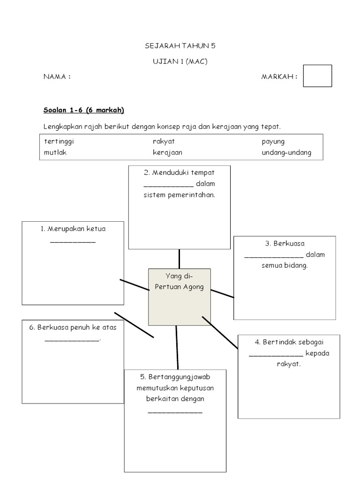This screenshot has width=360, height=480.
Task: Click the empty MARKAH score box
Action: point(317,76)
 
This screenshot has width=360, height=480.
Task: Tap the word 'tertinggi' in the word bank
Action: point(59,141)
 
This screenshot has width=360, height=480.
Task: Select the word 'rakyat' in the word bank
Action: point(164,141)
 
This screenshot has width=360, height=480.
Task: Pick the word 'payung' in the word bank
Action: point(273,142)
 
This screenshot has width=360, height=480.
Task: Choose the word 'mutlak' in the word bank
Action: point(55,152)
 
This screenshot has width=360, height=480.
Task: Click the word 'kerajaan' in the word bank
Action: point(167,152)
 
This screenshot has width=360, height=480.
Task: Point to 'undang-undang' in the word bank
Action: point(286,153)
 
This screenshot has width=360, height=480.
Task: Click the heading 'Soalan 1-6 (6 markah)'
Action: point(83,110)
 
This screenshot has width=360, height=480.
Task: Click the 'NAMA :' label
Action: point(57,77)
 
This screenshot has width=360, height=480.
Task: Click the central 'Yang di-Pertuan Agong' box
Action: point(180,297)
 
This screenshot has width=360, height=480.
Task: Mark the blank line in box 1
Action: point(73,242)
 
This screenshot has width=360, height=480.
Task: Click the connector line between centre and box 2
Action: point(179,259)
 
